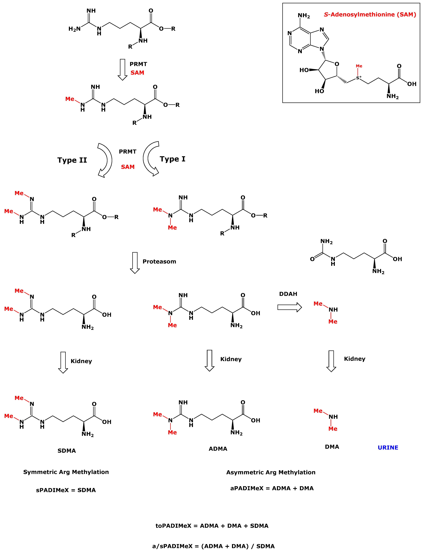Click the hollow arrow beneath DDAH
click(289, 307)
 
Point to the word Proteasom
click(159, 262)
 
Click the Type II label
click(72, 160)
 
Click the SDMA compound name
click(67, 451)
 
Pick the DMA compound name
click(332, 447)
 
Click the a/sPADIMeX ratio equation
click(213, 546)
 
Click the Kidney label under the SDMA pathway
click(81, 361)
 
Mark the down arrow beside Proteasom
click(135, 263)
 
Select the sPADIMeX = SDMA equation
click(66, 490)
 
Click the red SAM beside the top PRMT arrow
click(137, 73)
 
